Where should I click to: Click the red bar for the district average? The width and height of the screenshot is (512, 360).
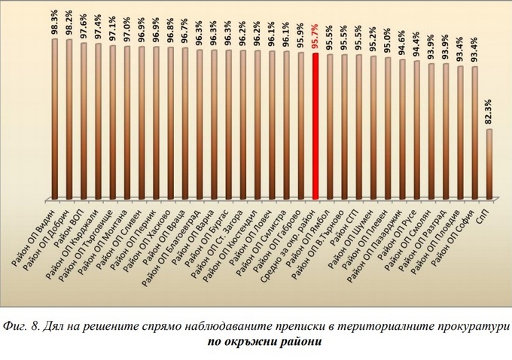pyautogui.click(x=315, y=128)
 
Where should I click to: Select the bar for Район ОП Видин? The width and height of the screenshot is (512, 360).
pyautogui.click(x=54, y=121)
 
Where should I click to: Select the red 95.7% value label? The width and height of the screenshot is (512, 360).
pyautogui.click(x=315, y=38)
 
